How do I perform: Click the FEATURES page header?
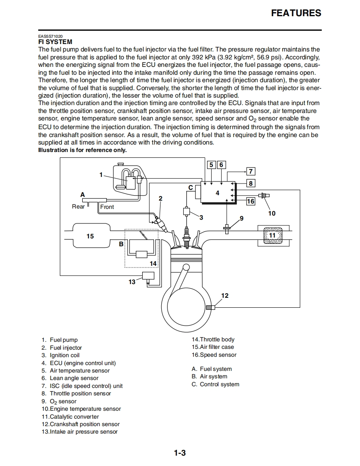click(x=296, y=13)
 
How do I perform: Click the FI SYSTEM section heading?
click(x=55, y=42)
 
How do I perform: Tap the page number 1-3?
click(x=180, y=453)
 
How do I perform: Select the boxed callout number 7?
click(x=250, y=171)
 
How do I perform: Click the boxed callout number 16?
click(x=250, y=201)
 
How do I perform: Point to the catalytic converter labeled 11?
click(x=272, y=235)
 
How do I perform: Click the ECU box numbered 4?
click(x=217, y=193)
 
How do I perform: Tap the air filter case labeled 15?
click(x=90, y=236)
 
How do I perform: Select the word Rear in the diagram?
click(x=78, y=206)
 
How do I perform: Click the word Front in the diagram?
click(x=107, y=207)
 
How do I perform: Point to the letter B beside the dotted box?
click(x=121, y=244)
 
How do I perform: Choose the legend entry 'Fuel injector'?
click(x=66, y=348)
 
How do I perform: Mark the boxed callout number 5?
click(x=211, y=165)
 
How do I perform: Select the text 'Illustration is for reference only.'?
click(x=82, y=150)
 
